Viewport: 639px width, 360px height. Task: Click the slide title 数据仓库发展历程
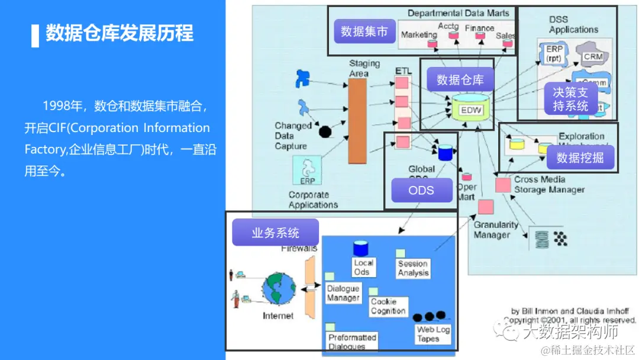(x=120, y=33)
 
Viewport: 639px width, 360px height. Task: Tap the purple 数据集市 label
(x=364, y=32)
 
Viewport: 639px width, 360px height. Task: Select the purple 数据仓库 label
(x=460, y=79)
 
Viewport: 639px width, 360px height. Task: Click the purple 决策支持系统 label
(x=570, y=99)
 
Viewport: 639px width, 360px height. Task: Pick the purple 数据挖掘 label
(x=580, y=158)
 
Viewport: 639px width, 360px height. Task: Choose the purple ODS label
(x=421, y=190)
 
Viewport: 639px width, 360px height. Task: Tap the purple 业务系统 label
(x=275, y=233)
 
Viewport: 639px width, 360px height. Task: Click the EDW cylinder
(x=472, y=109)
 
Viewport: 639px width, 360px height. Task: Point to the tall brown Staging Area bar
(x=357, y=121)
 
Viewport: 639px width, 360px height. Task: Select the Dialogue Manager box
(x=343, y=292)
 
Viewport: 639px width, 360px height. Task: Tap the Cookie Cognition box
(x=388, y=306)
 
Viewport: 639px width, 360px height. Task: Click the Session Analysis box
(x=413, y=268)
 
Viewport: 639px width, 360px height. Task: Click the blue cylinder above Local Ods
(x=361, y=249)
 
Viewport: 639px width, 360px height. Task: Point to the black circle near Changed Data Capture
(x=324, y=131)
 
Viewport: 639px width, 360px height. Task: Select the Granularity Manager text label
(x=495, y=230)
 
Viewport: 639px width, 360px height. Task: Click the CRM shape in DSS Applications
(x=592, y=57)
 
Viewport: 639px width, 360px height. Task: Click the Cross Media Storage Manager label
(x=548, y=184)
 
